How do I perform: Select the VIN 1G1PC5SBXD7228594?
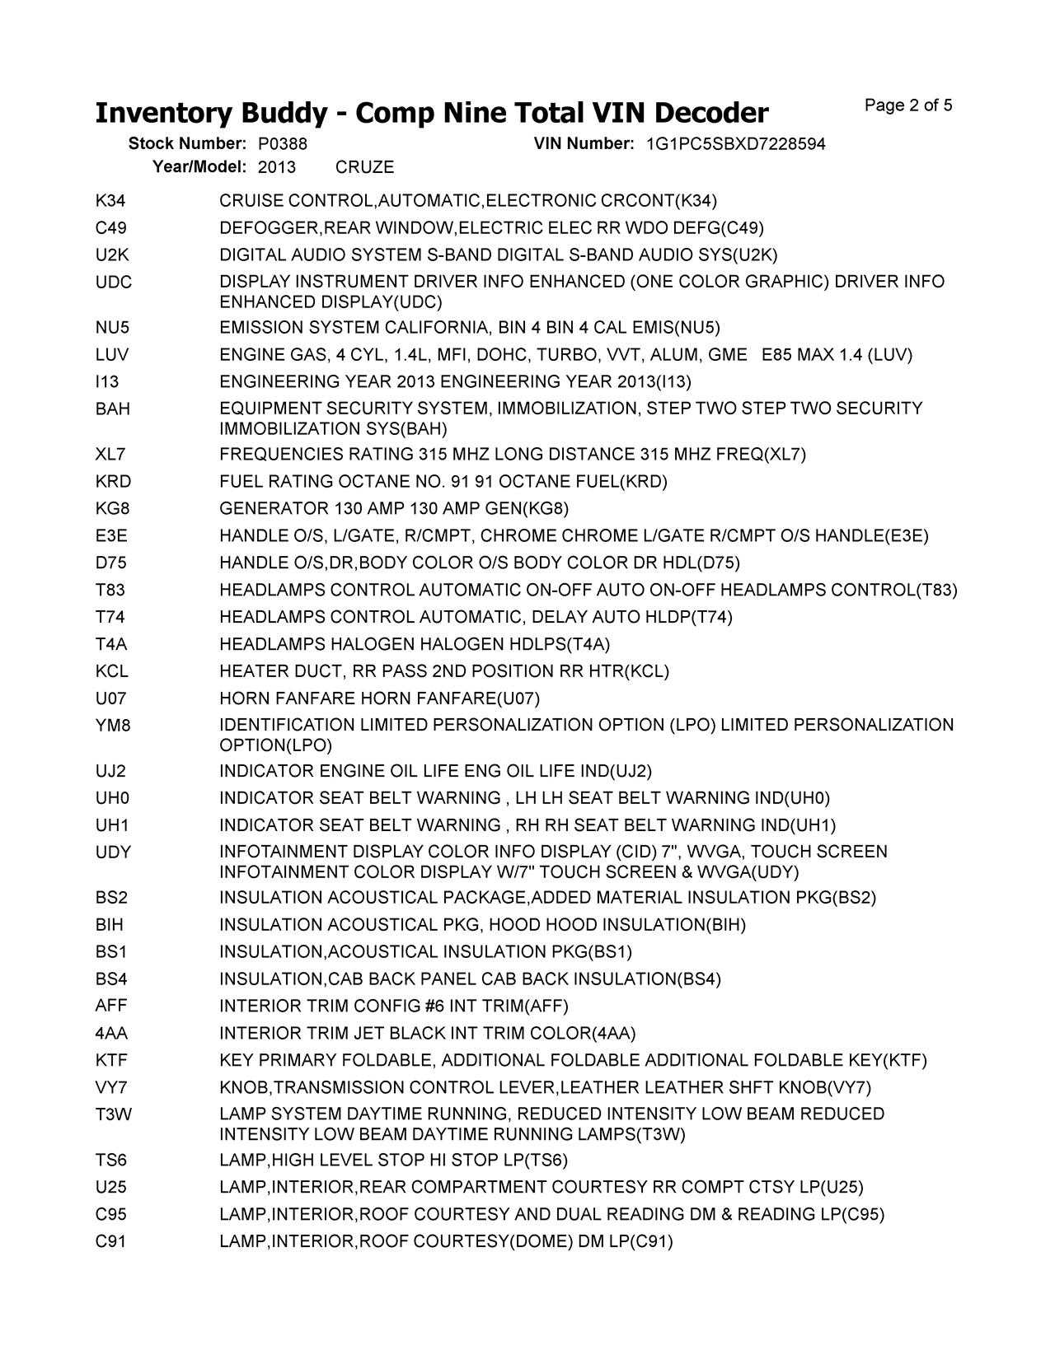point(735,144)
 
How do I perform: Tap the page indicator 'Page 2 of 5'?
point(908,105)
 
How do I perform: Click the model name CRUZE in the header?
point(365,167)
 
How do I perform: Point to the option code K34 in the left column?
point(110,201)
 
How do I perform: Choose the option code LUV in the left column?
point(112,355)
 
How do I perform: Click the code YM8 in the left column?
point(113,726)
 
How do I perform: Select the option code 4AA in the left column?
point(111,1033)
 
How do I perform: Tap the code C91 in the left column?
point(111,1241)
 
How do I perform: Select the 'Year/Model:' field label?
point(199,167)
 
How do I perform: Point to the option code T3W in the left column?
point(113,1114)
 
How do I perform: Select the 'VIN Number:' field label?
point(584,144)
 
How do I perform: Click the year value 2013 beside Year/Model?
point(276,167)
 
